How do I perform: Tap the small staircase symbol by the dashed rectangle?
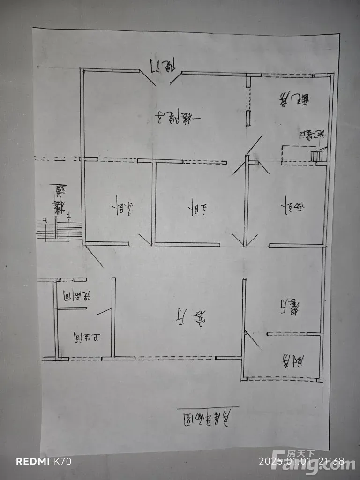(x=318, y=155)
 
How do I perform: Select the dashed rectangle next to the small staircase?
(x=296, y=155)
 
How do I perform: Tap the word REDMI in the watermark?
(x=33, y=461)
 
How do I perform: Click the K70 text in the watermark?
(x=62, y=461)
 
